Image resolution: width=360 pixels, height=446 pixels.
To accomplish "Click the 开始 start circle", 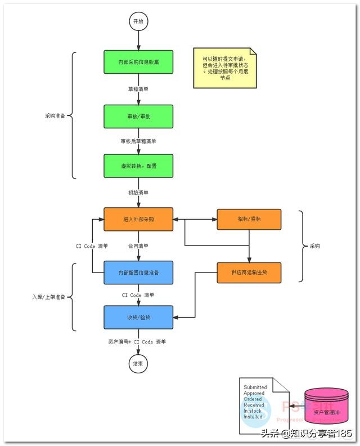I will [x=138, y=21].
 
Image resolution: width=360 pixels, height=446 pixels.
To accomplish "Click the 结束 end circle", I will [x=138, y=364].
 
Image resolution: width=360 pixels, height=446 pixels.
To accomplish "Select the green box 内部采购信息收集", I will [x=138, y=62].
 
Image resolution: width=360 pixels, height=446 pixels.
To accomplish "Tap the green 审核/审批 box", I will [x=138, y=115].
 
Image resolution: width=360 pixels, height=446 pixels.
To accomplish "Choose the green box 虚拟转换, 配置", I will [x=138, y=166].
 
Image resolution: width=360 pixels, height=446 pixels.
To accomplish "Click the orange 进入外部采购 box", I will [x=138, y=219].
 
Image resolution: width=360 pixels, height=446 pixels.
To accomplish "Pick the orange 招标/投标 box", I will [x=249, y=219].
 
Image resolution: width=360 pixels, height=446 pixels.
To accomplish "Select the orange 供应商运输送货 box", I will [x=249, y=273].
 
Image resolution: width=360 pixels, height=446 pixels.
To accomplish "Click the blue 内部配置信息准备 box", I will [x=138, y=273].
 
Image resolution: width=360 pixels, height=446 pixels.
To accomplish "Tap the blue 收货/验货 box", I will [x=138, y=316].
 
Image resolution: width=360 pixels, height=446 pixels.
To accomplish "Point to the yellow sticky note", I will [x=224, y=68].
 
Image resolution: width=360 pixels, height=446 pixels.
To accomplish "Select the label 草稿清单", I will [x=138, y=89].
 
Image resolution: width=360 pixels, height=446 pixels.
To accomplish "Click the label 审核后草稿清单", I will [x=138, y=141].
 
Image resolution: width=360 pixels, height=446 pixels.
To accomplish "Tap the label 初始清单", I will [x=138, y=193].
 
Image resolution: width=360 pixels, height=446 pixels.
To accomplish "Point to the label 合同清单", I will [x=138, y=246].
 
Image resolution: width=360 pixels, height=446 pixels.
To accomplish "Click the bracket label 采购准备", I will [x=55, y=115].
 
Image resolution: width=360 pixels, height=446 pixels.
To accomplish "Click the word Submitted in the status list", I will [x=255, y=387].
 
